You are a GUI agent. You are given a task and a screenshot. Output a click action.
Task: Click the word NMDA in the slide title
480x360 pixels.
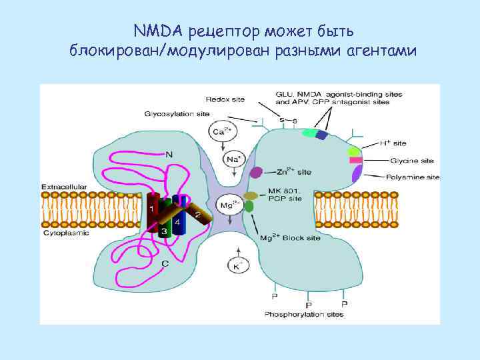point(158,31)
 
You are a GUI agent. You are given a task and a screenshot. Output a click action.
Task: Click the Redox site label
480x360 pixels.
point(225,99)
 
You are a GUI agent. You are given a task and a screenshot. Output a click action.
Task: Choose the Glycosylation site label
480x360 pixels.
point(177,113)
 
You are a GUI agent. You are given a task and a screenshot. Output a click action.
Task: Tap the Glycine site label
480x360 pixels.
point(412,161)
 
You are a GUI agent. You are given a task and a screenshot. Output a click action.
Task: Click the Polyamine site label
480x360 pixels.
point(413,177)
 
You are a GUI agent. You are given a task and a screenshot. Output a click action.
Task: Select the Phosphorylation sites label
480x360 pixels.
point(304,314)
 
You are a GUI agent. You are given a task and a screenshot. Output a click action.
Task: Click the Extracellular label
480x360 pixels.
point(64,187)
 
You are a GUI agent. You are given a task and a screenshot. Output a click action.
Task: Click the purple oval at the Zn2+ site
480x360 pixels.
point(255,173)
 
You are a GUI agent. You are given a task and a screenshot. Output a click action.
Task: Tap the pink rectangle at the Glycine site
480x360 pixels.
point(355,161)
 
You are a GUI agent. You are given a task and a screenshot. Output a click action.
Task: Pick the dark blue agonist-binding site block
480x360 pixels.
point(322,135)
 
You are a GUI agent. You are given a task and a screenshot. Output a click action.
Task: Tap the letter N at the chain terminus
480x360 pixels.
point(169,155)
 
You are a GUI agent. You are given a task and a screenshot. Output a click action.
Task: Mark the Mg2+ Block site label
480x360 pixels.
point(290,237)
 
